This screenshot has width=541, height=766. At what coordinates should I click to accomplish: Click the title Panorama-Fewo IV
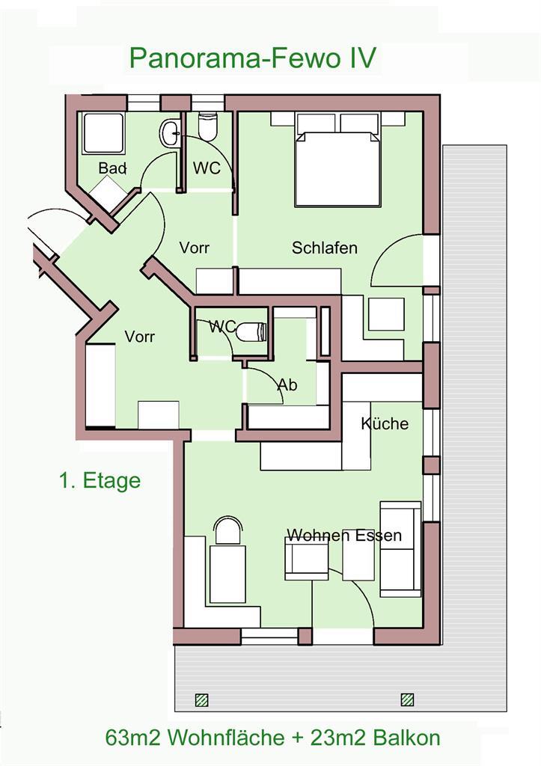pos(252,58)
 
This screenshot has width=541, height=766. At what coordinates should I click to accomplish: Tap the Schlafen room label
pos(325,248)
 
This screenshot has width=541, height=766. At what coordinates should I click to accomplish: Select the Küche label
pos(385,423)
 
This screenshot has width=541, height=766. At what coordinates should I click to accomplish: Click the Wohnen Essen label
pos(344,536)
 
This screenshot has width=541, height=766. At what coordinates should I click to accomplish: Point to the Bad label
pos(112,168)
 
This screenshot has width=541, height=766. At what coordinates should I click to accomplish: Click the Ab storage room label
pos(287,385)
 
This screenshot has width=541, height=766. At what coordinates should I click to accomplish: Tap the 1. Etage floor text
pos(100,480)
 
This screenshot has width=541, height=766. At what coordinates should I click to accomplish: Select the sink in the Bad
pos(170,133)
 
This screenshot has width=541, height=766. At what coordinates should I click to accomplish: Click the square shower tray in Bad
pos(103,134)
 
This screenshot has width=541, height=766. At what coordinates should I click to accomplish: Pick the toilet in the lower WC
pos(251,333)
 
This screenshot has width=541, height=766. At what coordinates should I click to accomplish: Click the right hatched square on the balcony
pos(407,700)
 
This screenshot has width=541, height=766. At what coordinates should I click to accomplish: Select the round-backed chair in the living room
pos(228,530)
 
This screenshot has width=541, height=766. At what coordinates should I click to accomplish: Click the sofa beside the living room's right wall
pos(400,549)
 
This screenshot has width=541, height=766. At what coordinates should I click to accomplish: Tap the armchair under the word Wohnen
pos(307,558)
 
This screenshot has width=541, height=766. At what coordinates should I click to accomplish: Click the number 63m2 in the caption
pos(133,738)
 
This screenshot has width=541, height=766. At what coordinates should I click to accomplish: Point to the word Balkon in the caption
pos(406,738)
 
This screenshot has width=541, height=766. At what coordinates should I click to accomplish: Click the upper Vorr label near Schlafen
pos(194,248)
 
